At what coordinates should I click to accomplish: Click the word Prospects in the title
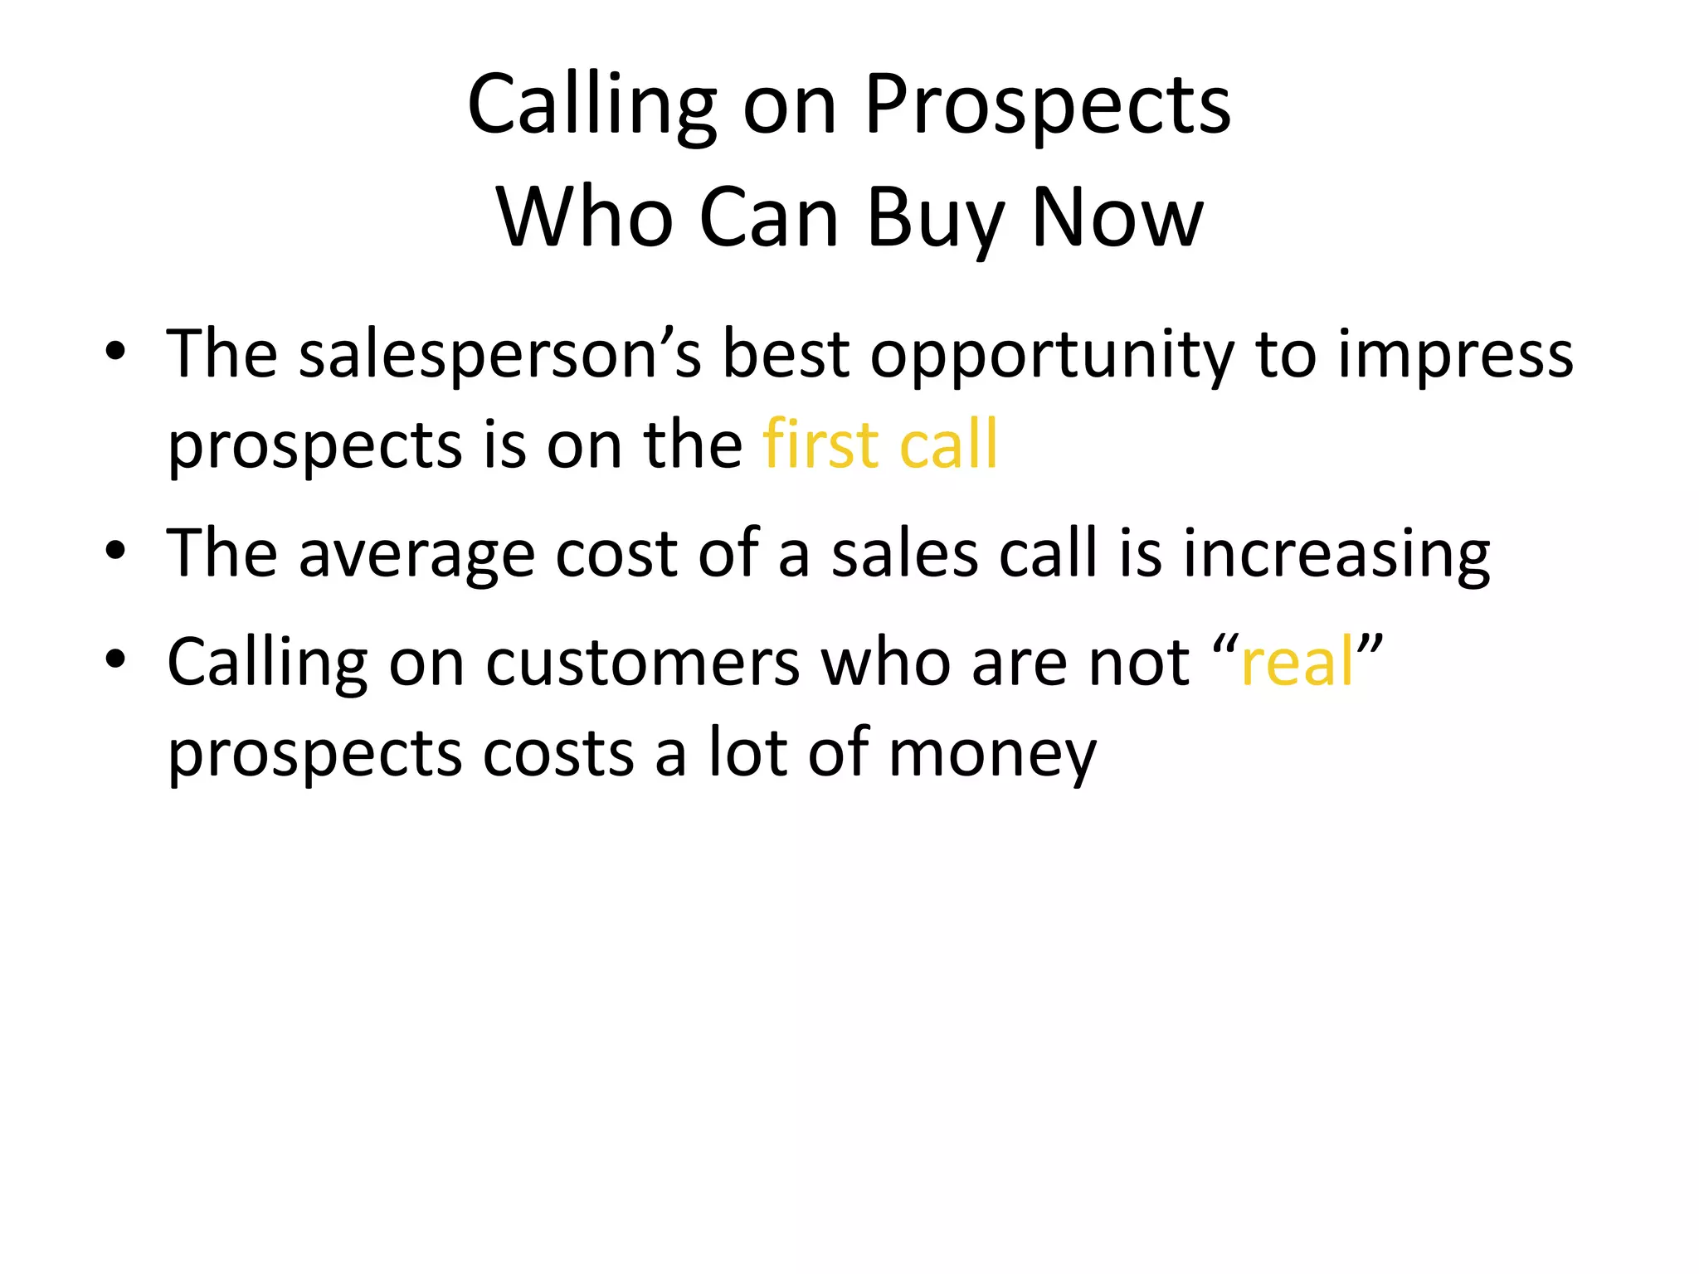pyautogui.click(x=1048, y=105)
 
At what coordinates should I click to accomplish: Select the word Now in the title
pyautogui.click(x=1117, y=218)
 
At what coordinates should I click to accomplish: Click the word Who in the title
pyautogui.click(x=584, y=218)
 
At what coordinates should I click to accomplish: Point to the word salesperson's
pyautogui.click(x=500, y=355)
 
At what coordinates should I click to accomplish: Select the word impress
pyautogui.click(x=1456, y=355)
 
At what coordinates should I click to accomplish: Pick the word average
pyautogui.click(x=417, y=554)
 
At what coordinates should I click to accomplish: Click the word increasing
pyautogui.click(x=1336, y=554)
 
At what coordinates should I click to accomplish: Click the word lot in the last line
pyautogui.click(x=747, y=753)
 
